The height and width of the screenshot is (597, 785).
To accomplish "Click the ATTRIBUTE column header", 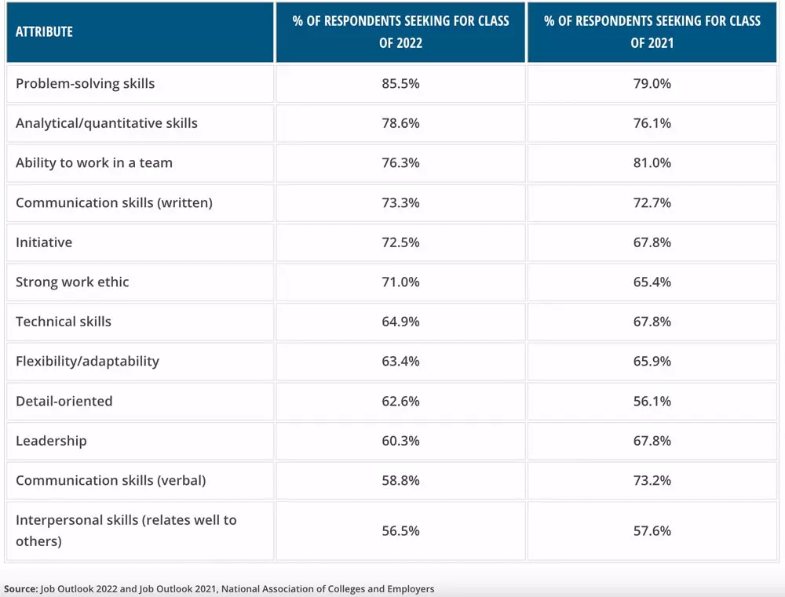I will click(44, 32).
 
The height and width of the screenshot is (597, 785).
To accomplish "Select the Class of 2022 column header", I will click(400, 31).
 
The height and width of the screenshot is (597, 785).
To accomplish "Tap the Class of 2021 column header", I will click(652, 31).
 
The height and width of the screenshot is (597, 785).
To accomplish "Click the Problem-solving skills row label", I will click(86, 83).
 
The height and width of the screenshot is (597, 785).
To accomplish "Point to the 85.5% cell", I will click(400, 83).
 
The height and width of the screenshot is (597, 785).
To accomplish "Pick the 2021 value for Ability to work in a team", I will click(652, 162).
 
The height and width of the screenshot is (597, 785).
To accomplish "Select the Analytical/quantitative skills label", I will click(107, 123).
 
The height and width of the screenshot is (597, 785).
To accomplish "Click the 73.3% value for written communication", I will click(400, 202).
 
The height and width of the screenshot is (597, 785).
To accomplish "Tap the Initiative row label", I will click(44, 242).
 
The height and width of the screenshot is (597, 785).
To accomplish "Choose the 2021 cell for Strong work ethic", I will click(652, 282).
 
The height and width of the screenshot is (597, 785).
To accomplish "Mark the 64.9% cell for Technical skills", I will click(400, 322).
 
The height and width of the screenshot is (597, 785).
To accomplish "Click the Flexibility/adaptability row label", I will click(87, 361).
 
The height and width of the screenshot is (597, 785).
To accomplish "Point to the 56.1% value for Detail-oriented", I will click(652, 401).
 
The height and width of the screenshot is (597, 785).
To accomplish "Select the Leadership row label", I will click(51, 441).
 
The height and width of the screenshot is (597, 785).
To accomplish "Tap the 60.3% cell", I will click(400, 441).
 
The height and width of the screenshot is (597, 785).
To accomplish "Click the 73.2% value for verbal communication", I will click(652, 480).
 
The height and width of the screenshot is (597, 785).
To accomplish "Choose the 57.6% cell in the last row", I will click(652, 531).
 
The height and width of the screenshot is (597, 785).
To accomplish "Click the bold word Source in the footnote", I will click(20, 588).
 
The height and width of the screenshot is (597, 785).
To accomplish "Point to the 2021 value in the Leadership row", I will click(652, 441).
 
